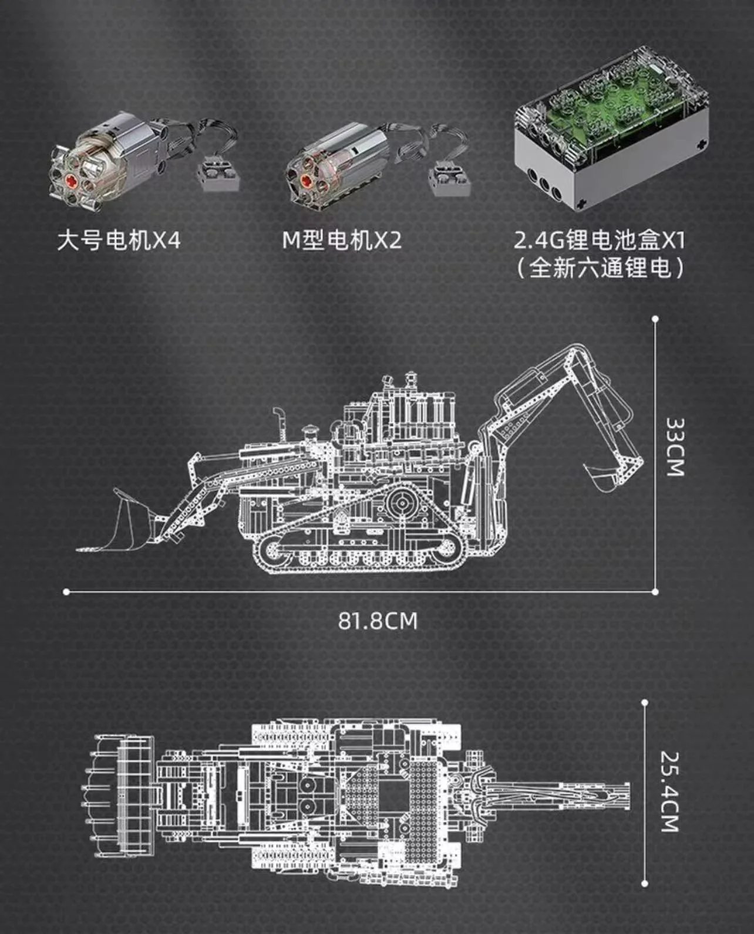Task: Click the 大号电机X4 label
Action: [119, 241]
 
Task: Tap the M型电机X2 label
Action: [342, 241]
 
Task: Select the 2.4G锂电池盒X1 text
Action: [599, 241]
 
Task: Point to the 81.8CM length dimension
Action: [377, 621]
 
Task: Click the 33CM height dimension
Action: [675, 447]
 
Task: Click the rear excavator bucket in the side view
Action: [602, 475]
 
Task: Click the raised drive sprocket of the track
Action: [403, 502]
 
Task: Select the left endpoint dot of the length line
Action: [66, 592]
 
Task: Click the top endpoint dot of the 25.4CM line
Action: [644, 702]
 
